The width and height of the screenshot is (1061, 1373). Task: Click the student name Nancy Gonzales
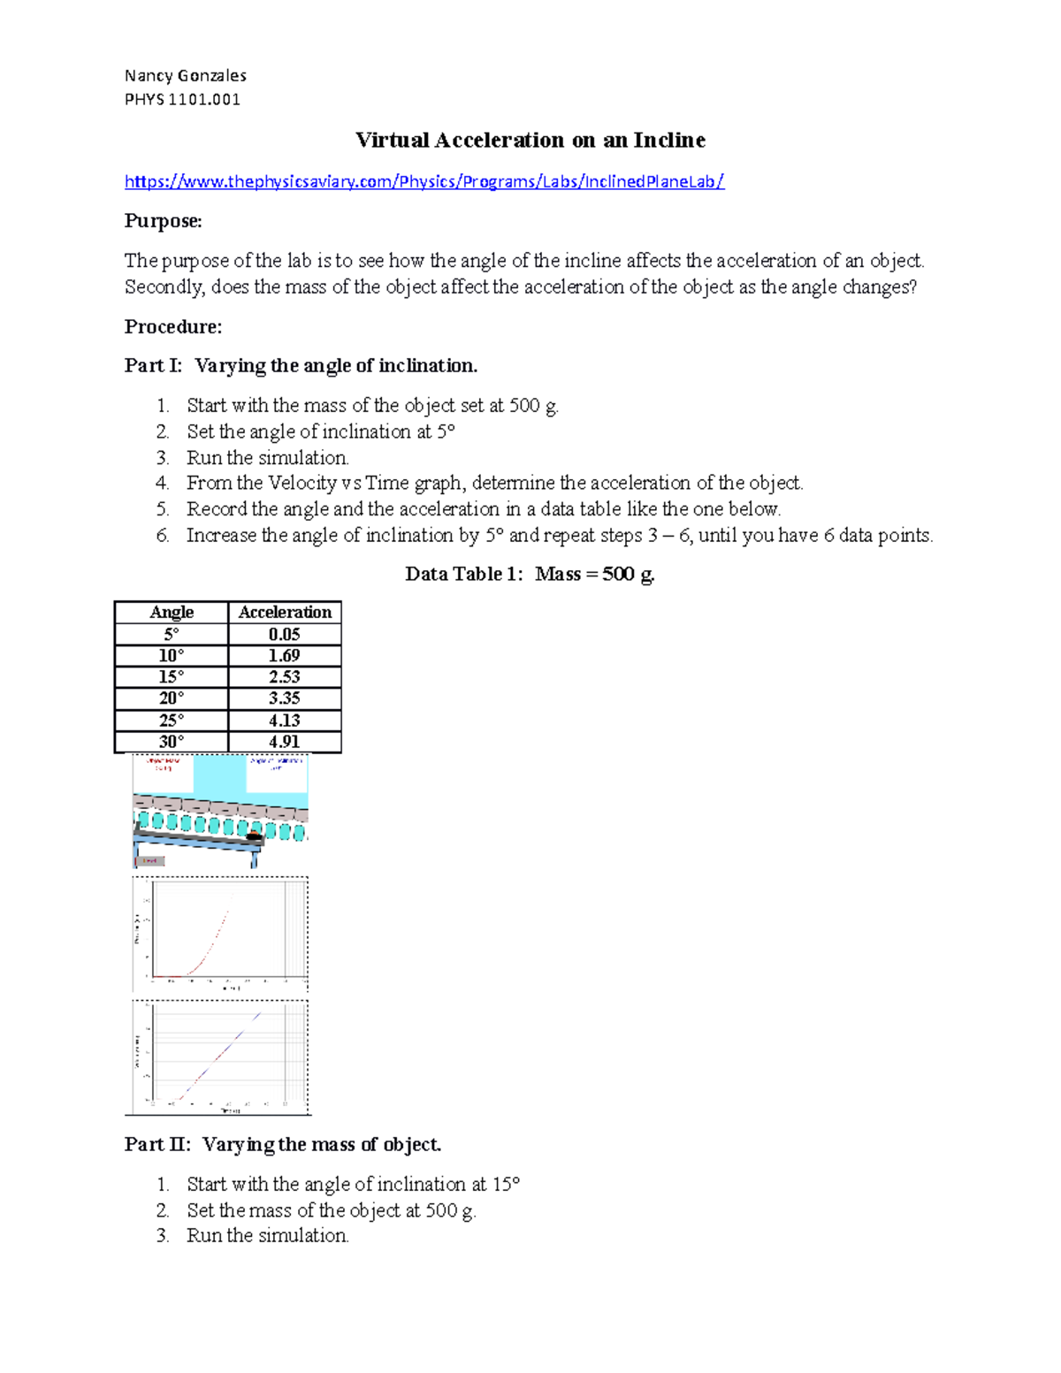pyautogui.click(x=185, y=75)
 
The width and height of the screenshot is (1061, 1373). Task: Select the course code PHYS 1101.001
pyautogui.click(x=182, y=99)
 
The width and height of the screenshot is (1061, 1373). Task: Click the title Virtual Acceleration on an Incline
pyautogui.click(x=530, y=140)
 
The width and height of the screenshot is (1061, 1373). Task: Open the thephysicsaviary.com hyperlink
pyautogui.click(x=424, y=181)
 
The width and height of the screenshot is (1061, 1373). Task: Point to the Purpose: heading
pyautogui.click(x=163, y=221)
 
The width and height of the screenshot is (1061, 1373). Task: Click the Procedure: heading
pyautogui.click(x=172, y=326)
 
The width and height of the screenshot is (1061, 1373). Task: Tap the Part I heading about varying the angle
pyautogui.click(x=301, y=365)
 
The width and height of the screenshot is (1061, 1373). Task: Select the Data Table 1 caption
pyautogui.click(x=530, y=574)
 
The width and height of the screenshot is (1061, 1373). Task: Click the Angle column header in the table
pyautogui.click(x=172, y=612)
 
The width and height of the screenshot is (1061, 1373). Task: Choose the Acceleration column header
pyautogui.click(x=285, y=612)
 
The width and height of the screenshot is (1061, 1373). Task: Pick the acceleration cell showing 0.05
pyautogui.click(x=285, y=634)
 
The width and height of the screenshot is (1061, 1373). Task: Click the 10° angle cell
pyautogui.click(x=172, y=655)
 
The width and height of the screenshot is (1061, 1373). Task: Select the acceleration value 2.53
pyautogui.click(x=285, y=676)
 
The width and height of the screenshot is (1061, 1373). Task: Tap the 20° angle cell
pyautogui.click(x=172, y=698)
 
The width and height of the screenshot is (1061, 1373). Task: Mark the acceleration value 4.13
pyautogui.click(x=285, y=720)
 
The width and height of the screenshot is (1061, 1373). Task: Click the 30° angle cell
pyautogui.click(x=172, y=742)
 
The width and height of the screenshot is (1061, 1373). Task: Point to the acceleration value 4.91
pyautogui.click(x=285, y=742)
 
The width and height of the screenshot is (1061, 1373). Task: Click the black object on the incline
pyautogui.click(x=254, y=835)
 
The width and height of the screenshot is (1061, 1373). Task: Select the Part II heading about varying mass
pyautogui.click(x=283, y=1144)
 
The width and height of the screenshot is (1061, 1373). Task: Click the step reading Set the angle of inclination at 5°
pyautogui.click(x=320, y=431)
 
